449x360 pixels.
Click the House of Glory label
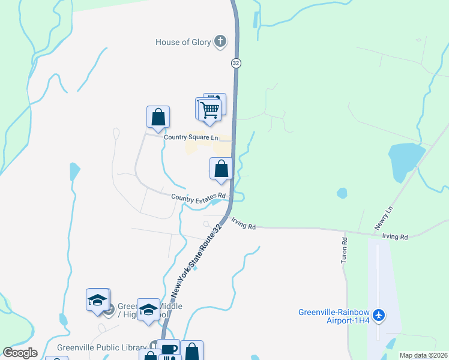[183, 42]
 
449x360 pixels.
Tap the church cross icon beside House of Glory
[221, 41]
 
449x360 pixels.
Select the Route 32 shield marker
[236, 63]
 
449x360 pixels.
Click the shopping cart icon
[210, 110]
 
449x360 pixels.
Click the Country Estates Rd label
[198, 197]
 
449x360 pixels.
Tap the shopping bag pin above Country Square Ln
[158, 117]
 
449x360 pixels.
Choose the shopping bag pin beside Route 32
[221, 169]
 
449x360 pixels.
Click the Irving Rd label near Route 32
[244, 227]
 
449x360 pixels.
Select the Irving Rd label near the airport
[395, 236]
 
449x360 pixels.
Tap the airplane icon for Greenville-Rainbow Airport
[378, 314]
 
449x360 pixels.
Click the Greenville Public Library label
[102, 347]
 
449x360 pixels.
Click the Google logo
[20, 353]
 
